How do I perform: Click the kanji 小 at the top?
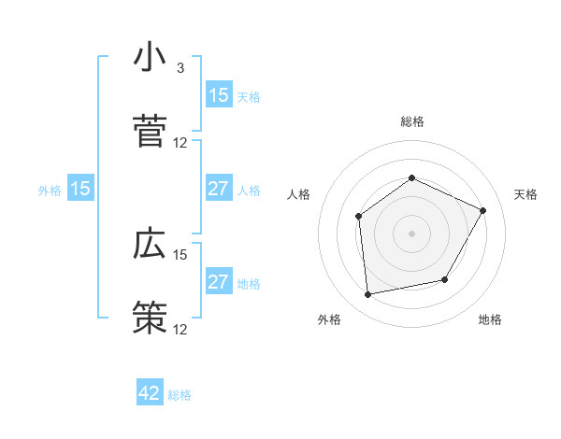[150, 58]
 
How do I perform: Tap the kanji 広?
[150, 245]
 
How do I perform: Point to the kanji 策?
[150, 319]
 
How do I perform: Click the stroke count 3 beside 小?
[180, 68]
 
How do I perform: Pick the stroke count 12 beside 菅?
[180, 143]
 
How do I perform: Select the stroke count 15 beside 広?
[180, 254]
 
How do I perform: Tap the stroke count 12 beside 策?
[180, 329]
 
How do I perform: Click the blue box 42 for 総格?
[150, 393]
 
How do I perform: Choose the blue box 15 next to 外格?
[80, 189]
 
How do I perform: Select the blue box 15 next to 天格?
[219, 95]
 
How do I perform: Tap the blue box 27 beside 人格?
[219, 189]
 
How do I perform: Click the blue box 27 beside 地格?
[219, 282]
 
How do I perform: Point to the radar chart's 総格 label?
[412, 121]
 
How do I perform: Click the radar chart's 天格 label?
[525, 194]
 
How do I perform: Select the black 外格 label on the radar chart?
[329, 319]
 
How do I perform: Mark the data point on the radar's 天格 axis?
[483, 210]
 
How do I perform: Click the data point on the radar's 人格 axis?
[359, 217]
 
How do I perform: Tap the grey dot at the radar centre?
[412, 234]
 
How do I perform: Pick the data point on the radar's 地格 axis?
[445, 279]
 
